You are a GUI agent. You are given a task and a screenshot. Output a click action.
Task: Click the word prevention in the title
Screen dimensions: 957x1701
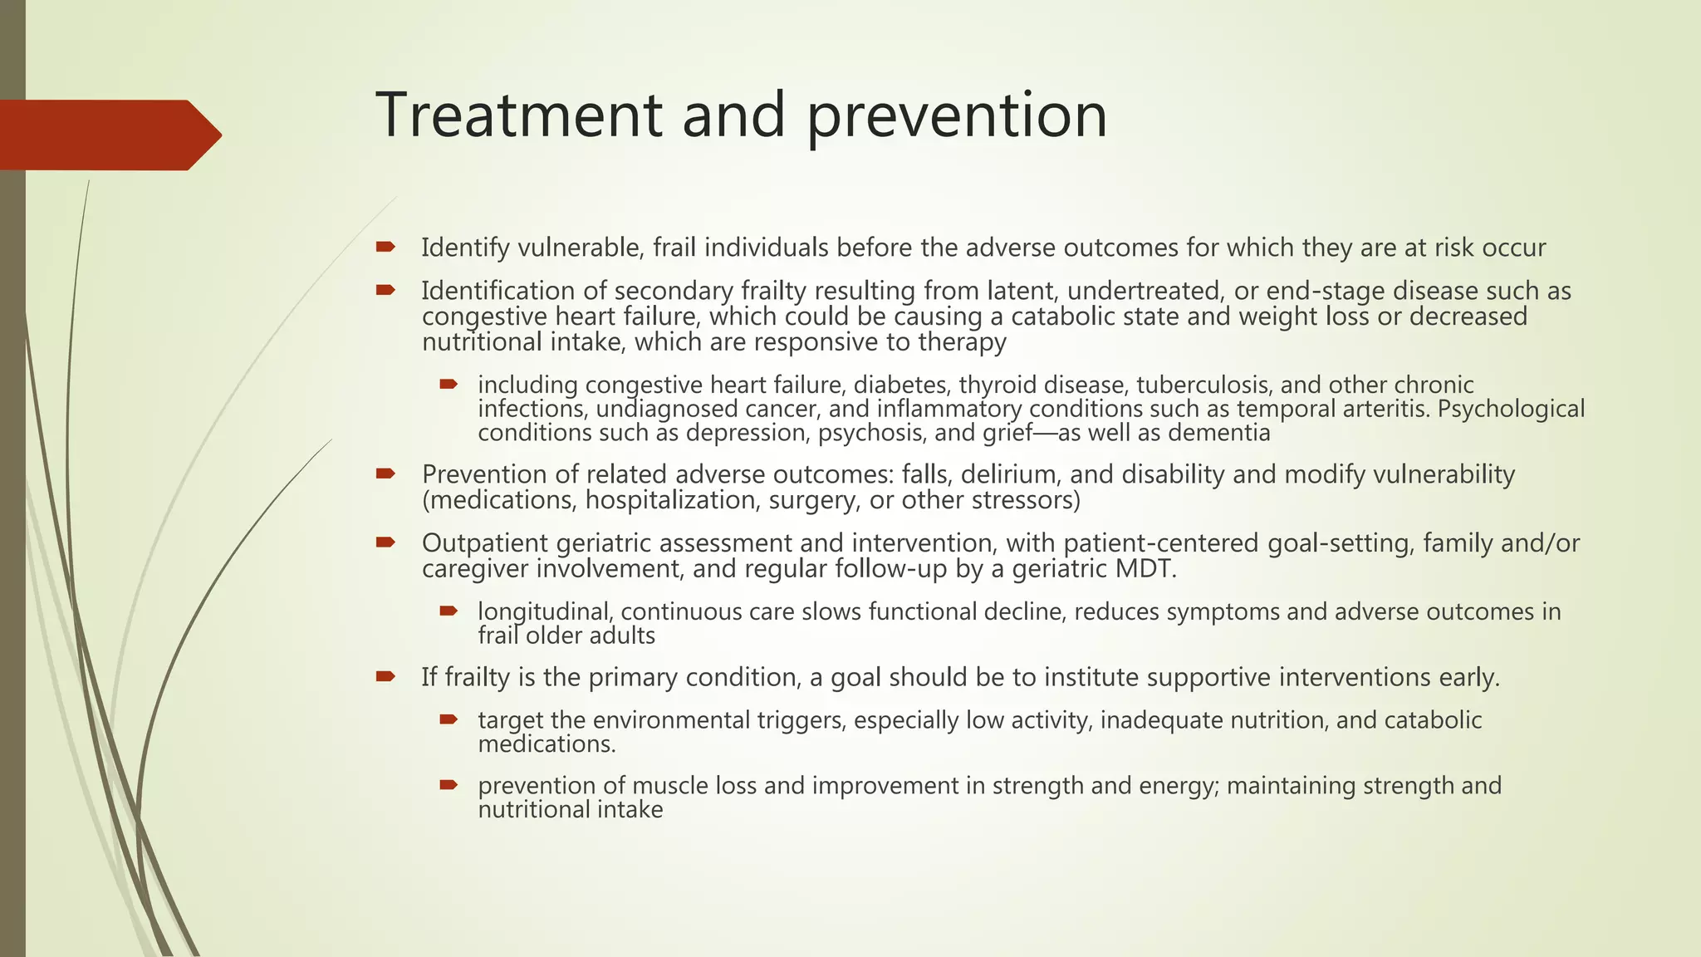click(957, 116)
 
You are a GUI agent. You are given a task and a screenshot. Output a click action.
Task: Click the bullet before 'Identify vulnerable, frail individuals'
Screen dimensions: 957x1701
click(385, 247)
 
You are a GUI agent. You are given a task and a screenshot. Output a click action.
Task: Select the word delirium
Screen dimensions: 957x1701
click(1010, 474)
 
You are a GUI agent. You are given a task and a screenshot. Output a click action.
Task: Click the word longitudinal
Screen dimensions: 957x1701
click(545, 612)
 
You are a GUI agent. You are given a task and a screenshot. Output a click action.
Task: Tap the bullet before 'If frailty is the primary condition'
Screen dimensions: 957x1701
click(385, 676)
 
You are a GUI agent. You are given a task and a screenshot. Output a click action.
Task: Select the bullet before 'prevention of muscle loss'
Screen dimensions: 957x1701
click(449, 784)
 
